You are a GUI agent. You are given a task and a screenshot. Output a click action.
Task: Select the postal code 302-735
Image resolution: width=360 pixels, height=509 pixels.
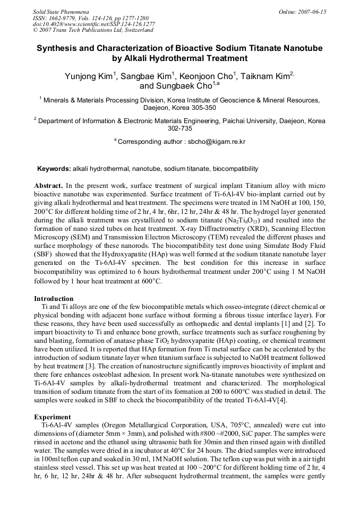click(180, 128)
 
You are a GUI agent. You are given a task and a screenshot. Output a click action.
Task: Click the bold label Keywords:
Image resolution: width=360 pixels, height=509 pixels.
click(54, 169)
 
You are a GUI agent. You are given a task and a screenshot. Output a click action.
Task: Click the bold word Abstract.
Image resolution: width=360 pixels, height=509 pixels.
click(48, 186)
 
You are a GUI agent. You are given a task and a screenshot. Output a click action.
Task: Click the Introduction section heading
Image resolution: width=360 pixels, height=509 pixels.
click(54, 299)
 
